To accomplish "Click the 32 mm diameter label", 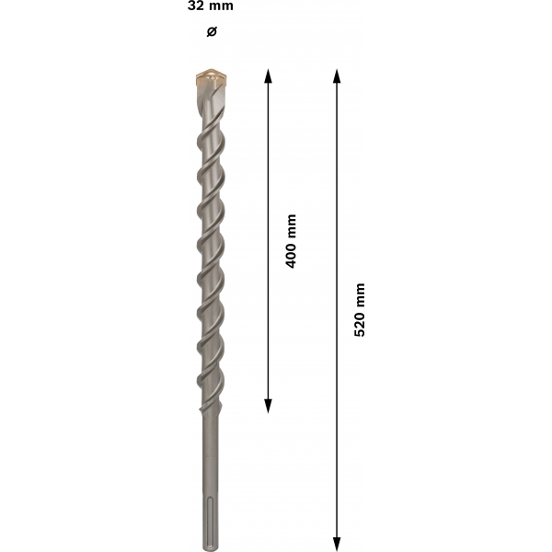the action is [210, 6].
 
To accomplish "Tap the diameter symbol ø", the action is [212, 31].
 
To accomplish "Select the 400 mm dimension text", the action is [291, 241].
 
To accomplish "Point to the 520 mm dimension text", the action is [360, 310].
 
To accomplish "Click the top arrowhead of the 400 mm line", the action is [269, 75].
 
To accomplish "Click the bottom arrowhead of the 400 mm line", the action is [269, 406].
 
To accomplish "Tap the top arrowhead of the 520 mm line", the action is [337, 75].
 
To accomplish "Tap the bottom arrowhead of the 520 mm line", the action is [337, 545].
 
